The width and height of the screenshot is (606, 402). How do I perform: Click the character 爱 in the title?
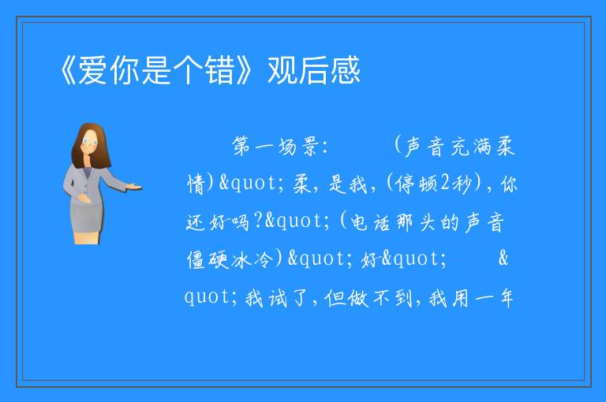click(93, 70)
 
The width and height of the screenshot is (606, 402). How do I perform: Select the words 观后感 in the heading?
click(314, 70)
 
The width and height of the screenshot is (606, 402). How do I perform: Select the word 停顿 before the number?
click(417, 184)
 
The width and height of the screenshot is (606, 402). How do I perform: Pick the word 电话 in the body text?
click(370, 222)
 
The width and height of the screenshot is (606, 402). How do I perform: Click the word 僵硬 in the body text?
click(208, 259)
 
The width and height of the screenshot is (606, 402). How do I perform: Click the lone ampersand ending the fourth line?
click(503, 258)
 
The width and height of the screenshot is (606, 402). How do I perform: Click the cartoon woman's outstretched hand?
click(133, 188)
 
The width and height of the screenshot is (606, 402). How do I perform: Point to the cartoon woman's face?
click(90, 142)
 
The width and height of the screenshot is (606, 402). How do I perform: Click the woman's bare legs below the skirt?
click(87, 237)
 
